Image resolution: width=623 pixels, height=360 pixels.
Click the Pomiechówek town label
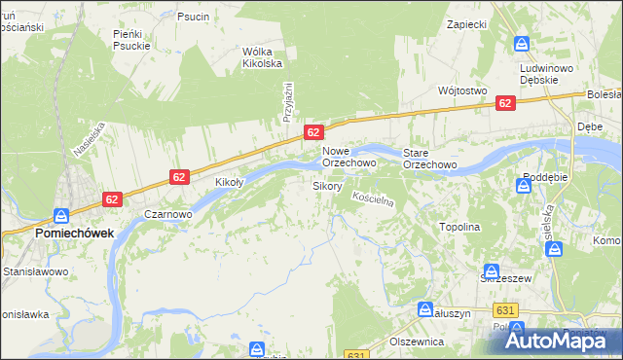point(74,234)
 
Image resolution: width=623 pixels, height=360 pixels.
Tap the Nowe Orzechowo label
point(349,158)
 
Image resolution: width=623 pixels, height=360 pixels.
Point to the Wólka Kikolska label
point(262,57)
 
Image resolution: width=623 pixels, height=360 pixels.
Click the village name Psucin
point(193,17)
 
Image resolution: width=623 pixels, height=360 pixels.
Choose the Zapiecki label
point(466,22)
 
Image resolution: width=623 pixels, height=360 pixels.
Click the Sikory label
point(327,185)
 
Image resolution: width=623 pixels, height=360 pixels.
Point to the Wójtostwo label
point(462,90)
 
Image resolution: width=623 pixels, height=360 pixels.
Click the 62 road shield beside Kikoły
point(179,177)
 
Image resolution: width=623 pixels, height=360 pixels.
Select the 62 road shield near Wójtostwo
point(504,103)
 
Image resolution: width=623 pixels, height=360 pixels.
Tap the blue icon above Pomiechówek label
point(61,216)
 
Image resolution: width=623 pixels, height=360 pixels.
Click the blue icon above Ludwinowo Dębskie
point(522,44)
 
